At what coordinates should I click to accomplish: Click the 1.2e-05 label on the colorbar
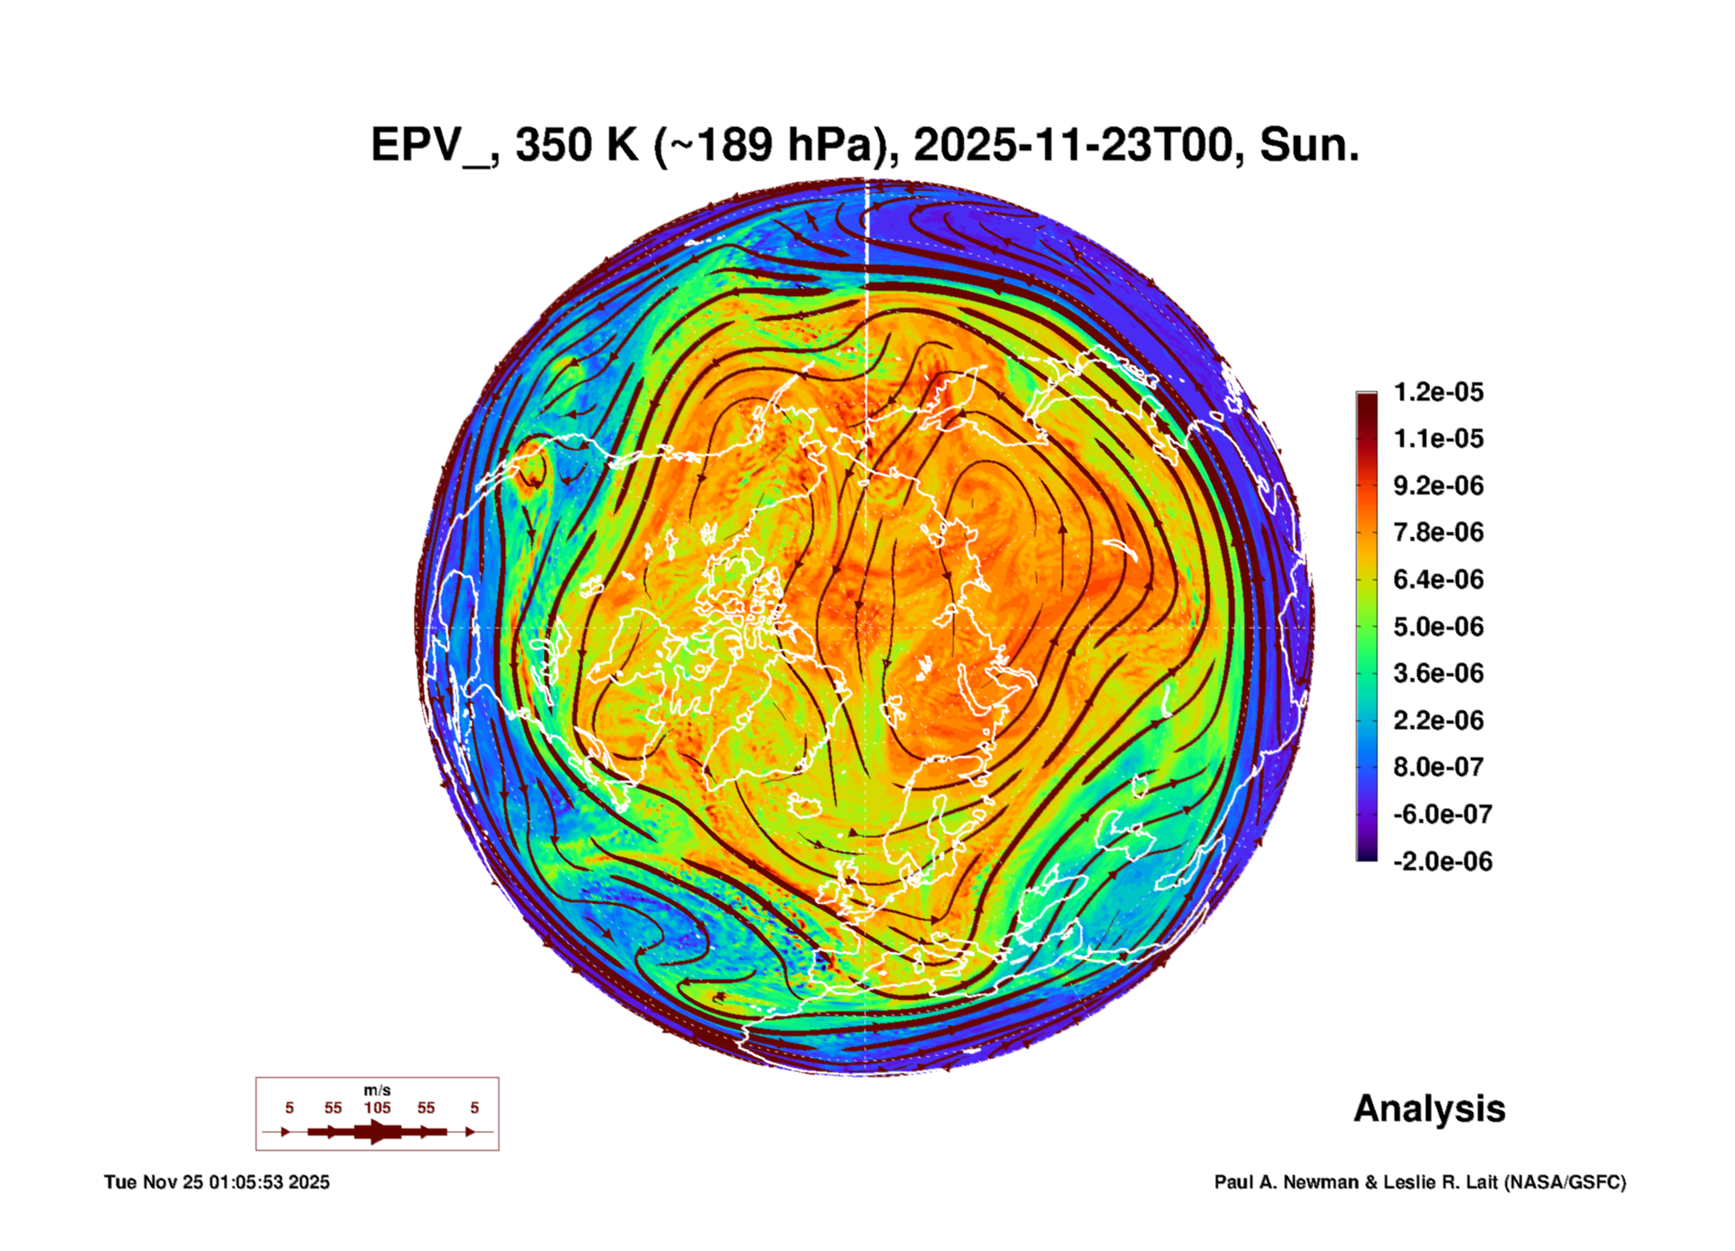[1438, 392]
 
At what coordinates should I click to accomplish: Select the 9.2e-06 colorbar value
[1438, 486]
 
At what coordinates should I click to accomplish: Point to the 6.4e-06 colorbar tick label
[1438, 579]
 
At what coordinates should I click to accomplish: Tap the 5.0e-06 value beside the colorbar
[1438, 626]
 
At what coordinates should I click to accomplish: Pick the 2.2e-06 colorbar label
[1438, 720]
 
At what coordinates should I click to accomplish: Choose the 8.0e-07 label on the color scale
[1438, 767]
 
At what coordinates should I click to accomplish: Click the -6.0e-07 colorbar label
[1442, 814]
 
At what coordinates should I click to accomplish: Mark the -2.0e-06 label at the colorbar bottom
[1442, 862]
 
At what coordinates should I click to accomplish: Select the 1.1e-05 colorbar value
[1438, 438]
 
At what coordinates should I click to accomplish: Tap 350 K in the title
[576, 146]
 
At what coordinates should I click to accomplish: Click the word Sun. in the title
[1309, 146]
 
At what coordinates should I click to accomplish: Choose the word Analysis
[1429, 1108]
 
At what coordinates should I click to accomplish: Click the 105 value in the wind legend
[377, 1108]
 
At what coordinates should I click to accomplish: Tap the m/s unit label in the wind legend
[377, 1090]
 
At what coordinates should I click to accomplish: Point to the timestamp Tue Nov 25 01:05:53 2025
[216, 1182]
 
